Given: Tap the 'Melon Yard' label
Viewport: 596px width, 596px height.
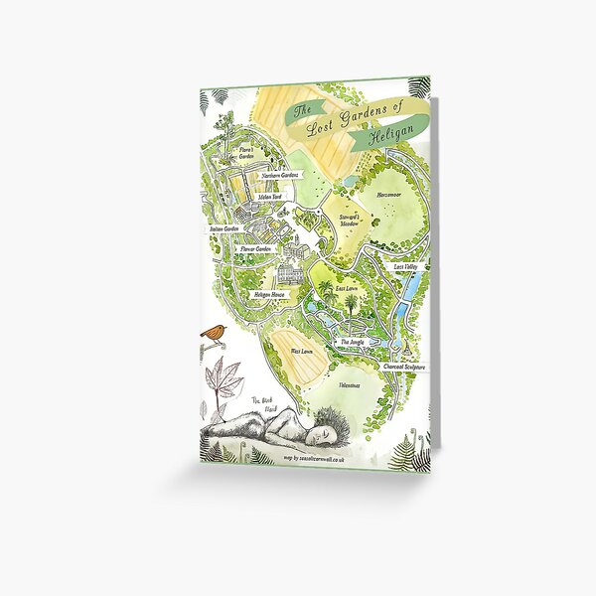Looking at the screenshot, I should (270, 197).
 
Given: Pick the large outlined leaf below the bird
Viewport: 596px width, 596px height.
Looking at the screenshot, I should (225, 383).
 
